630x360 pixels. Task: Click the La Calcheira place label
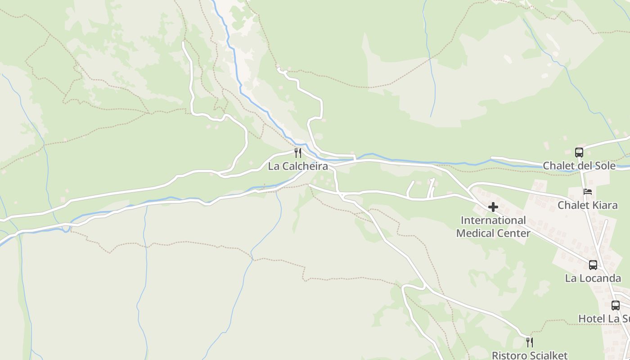tap(298, 166)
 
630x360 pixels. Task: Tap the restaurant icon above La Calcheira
tap(297, 153)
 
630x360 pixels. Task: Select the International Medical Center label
tap(493, 227)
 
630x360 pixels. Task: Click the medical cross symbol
tap(493, 207)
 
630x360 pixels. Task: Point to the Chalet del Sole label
tap(579, 166)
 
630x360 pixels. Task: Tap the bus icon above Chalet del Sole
tap(579, 153)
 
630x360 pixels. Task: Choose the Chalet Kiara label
tap(587, 205)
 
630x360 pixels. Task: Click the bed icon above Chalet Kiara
tap(588, 192)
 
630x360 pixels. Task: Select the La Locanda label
tap(593, 278)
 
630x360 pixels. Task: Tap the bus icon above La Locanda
tap(593, 265)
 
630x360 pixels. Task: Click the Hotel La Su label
tap(604, 319)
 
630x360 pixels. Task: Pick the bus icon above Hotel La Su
tap(616, 306)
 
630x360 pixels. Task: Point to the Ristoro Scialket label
tap(530, 355)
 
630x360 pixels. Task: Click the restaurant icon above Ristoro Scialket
tap(530, 342)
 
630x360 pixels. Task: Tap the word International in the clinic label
tap(493, 220)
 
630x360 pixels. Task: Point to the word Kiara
tap(606, 205)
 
